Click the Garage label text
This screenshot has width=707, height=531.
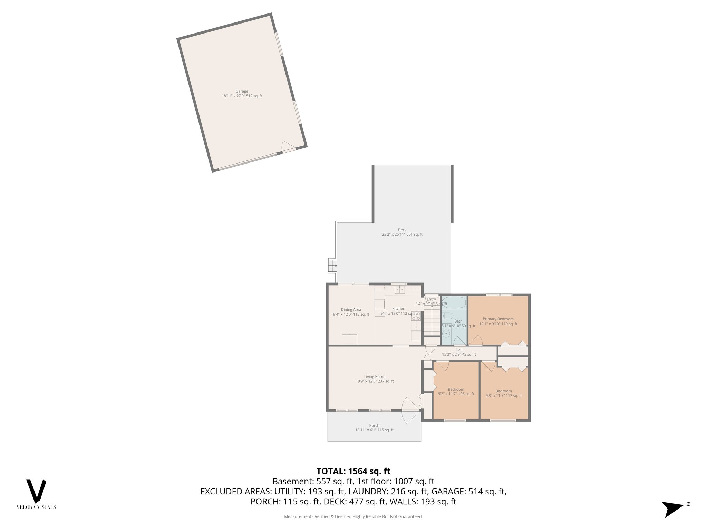click(x=242, y=91)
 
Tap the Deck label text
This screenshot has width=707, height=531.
click(x=402, y=230)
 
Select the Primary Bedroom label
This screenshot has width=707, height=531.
click(x=498, y=319)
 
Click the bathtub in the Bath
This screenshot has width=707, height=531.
click(x=454, y=303)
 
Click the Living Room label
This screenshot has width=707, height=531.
click(x=375, y=376)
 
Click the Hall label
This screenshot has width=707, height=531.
click(x=459, y=350)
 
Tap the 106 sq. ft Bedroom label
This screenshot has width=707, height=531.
click(x=456, y=389)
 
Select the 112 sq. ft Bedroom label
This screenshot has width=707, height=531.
click(x=503, y=391)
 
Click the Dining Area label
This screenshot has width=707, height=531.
click(x=351, y=310)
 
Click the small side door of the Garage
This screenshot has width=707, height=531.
click(x=287, y=147)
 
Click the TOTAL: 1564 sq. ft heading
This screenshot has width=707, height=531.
click(x=353, y=471)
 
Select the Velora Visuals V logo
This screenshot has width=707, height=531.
click(x=36, y=491)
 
